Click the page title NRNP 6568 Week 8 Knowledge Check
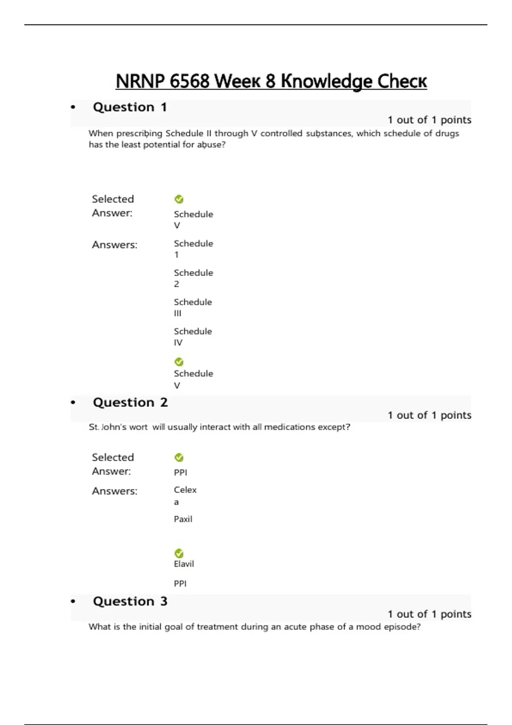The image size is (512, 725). click(x=271, y=81)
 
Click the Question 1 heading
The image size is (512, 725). click(x=130, y=107)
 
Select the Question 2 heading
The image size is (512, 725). click(x=130, y=403)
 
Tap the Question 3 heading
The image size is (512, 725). click(x=130, y=601)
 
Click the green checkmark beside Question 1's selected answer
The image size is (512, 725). click(x=179, y=199)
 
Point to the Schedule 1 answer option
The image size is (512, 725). click(x=193, y=249)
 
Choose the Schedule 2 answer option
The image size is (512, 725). click(x=193, y=278)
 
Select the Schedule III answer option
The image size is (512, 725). click(x=192, y=307)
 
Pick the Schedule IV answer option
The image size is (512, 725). click(x=192, y=336)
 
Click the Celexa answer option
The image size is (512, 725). click(x=185, y=496)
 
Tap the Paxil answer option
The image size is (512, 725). click(x=183, y=519)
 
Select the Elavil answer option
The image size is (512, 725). click(x=184, y=564)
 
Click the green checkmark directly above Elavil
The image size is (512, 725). click(x=179, y=553)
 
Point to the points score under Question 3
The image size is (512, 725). click(x=429, y=614)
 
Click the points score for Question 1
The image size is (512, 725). click(x=429, y=120)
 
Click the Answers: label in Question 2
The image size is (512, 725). click(x=115, y=491)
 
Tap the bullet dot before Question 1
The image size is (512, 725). click(x=73, y=107)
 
